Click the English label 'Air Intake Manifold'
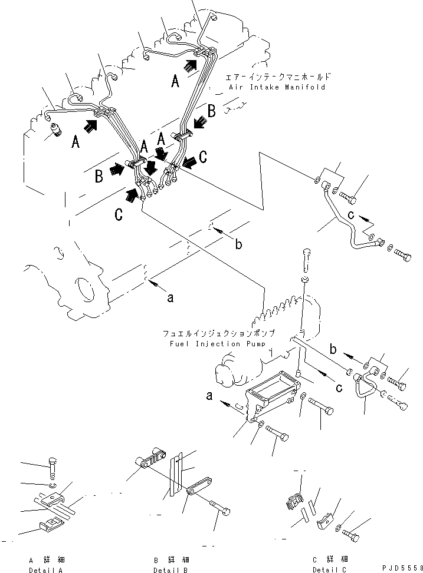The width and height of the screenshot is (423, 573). tap(277, 87)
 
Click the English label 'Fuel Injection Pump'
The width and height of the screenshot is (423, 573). tap(218, 344)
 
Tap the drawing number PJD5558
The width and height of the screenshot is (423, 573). tap(402, 568)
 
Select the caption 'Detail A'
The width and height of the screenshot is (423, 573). tap(46, 570)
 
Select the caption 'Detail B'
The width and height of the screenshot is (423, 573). tap(170, 570)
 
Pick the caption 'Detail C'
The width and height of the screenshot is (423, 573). tap(329, 569)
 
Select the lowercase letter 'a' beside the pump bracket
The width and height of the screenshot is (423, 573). tap(209, 396)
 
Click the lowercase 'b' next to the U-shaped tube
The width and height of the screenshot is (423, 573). tap(333, 349)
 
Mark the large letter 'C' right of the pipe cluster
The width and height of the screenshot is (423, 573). tap(202, 157)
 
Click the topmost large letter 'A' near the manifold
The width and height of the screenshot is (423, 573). tap(175, 81)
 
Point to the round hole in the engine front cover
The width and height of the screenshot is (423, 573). tap(84, 290)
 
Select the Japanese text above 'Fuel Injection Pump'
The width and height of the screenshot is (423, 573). tap(219, 334)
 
